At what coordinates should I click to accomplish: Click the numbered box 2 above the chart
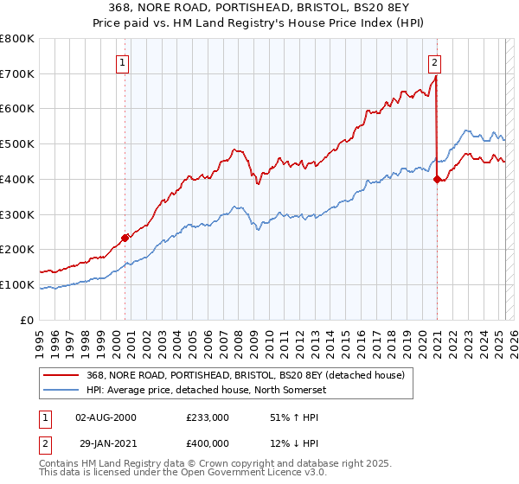pos(433,62)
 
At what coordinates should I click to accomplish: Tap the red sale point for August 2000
pos(125,237)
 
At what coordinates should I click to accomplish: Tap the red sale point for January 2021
pos(437,179)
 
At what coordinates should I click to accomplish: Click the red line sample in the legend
pos(62,374)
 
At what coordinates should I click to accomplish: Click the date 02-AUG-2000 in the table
pos(106,417)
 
